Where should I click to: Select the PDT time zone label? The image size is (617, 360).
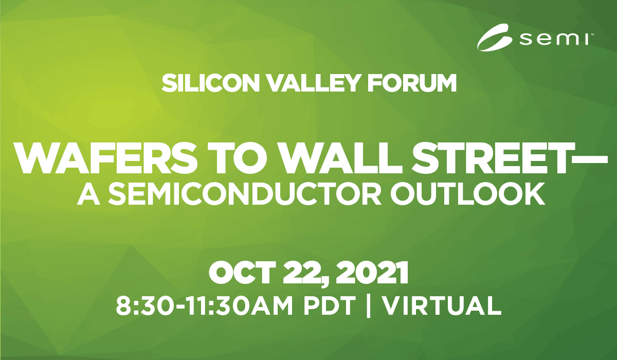(329, 305)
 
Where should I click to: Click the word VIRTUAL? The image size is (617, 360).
(442, 305)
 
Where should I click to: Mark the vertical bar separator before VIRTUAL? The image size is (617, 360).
(368, 306)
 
